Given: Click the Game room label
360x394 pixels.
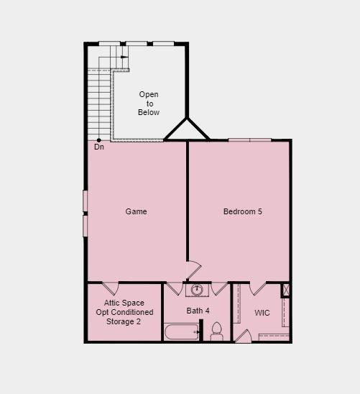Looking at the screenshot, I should click(x=136, y=211).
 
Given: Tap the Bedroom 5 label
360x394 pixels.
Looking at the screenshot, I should click(x=242, y=211).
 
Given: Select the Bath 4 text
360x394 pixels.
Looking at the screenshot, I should click(x=198, y=311).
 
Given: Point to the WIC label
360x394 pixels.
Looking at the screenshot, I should click(x=262, y=313).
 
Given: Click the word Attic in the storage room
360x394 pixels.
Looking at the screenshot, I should click(x=114, y=303).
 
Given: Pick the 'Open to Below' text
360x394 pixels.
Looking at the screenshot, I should click(x=149, y=103).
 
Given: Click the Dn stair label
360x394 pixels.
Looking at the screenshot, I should click(x=99, y=147).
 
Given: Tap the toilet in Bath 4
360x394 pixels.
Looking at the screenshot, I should click(x=216, y=332).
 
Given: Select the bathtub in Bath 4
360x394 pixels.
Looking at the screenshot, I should click(x=181, y=332).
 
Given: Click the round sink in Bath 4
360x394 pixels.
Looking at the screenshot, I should click(x=197, y=290).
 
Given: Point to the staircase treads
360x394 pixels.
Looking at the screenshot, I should click(x=99, y=104).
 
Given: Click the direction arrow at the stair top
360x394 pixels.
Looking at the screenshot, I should click(x=124, y=56).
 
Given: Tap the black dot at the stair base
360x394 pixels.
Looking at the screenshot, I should click(x=99, y=139).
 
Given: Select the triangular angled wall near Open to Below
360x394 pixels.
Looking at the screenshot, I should click(x=187, y=130).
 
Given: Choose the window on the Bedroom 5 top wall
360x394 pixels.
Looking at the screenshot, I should click(x=249, y=139).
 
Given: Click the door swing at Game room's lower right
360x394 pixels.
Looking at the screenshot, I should click(x=193, y=271).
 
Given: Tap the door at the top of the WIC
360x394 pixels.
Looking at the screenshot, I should click(x=258, y=288).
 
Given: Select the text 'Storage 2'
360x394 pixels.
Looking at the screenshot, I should click(x=124, y=321).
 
